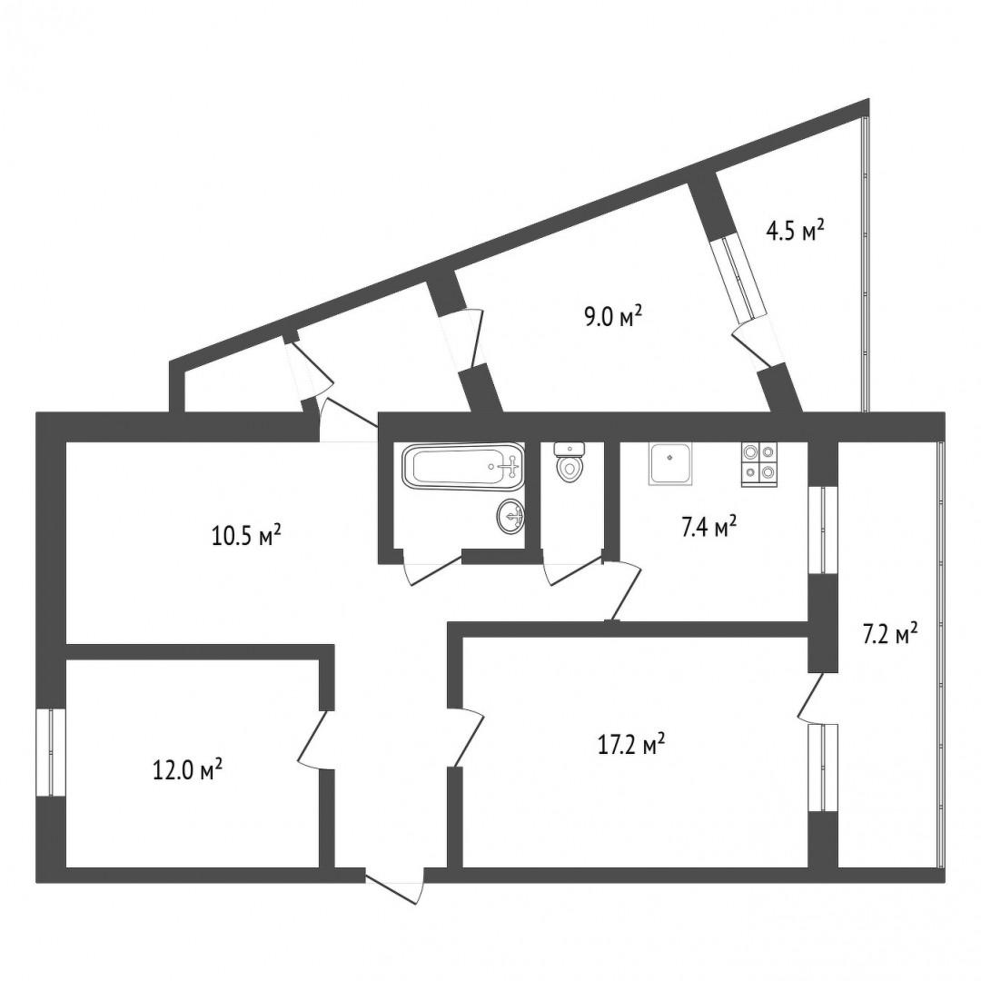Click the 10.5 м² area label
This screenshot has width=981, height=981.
coord(246,535)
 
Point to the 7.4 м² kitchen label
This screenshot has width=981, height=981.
coord(708,526)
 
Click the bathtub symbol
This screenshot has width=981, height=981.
coord(464,467)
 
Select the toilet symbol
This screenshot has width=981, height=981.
coord(570,463)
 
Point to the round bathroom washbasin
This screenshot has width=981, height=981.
coord(511,516)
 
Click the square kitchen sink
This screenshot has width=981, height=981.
coord(671,463)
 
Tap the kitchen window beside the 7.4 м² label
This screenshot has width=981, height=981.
coord(823,530)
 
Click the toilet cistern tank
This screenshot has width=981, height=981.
coord(570,448)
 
